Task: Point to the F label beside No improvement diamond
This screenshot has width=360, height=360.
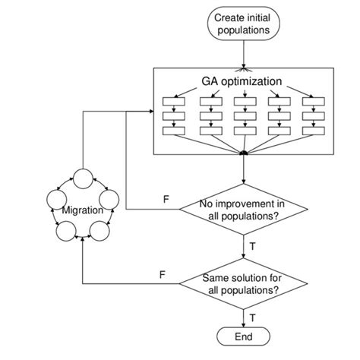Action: [166, 200]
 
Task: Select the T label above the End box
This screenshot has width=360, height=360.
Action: [251, 316]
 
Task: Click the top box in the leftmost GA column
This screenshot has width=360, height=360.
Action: [174, 101]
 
